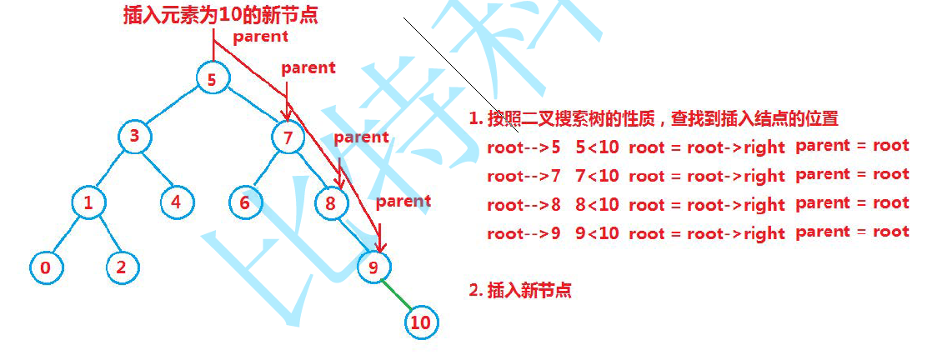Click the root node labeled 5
click(212, 79)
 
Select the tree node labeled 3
click(133, 137)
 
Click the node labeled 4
click(177, 202)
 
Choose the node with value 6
click(245, 202)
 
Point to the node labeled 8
click(332, 202)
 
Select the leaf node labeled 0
click(45, 267)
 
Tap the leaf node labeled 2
click(122, 267)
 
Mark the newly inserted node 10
click(421, 322)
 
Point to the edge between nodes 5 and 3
click(173, 108)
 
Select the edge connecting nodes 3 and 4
click(156, 170)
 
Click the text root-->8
click(524, 204)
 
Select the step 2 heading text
click(520, 290)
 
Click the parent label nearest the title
click(260, 37)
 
